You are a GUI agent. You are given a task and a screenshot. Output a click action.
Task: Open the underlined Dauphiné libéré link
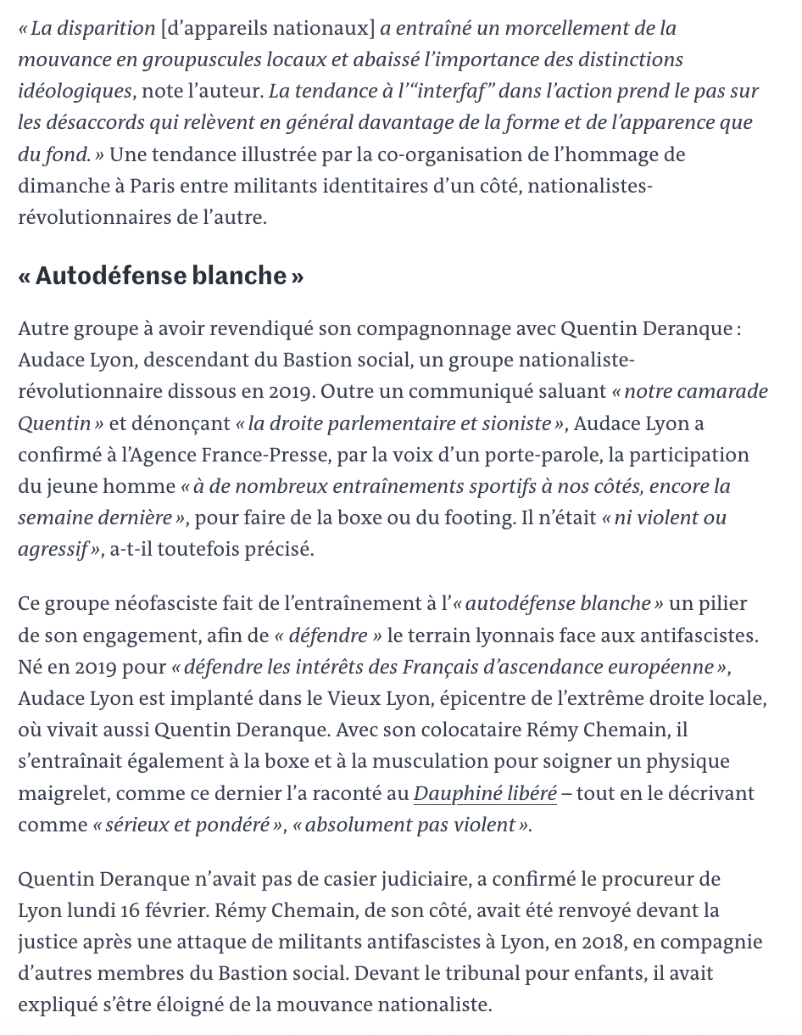pyautogui.click(x=485, y=793)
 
